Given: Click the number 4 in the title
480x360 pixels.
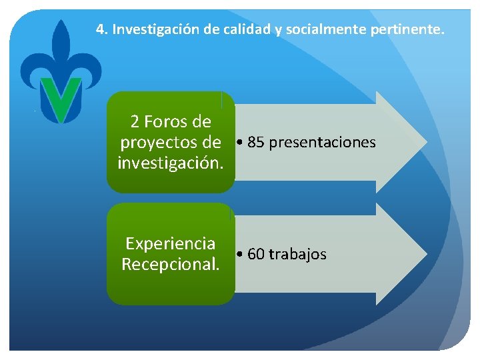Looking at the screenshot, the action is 100,29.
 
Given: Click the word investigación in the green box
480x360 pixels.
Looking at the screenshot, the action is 170,163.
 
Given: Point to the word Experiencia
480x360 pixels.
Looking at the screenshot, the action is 170,243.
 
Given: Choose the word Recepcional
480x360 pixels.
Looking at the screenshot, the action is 170,264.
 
